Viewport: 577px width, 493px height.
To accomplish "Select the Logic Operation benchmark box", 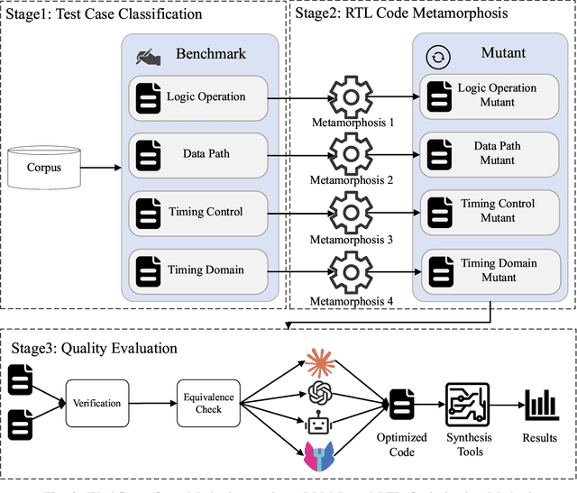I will [199, 96].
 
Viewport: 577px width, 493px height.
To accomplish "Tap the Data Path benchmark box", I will [199, 153].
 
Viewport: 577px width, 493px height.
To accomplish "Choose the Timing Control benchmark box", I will [199, 212].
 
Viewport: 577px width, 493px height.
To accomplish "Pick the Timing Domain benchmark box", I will [199, 269].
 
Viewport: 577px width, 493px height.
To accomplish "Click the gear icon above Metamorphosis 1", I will [347, 95].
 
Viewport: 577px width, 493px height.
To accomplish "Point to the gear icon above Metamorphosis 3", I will [347, 212].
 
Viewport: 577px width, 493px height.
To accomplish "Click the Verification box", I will [97, 403].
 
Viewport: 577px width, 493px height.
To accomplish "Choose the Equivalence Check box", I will [209, 403].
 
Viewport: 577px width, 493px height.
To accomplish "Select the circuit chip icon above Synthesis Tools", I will [467, 398].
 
